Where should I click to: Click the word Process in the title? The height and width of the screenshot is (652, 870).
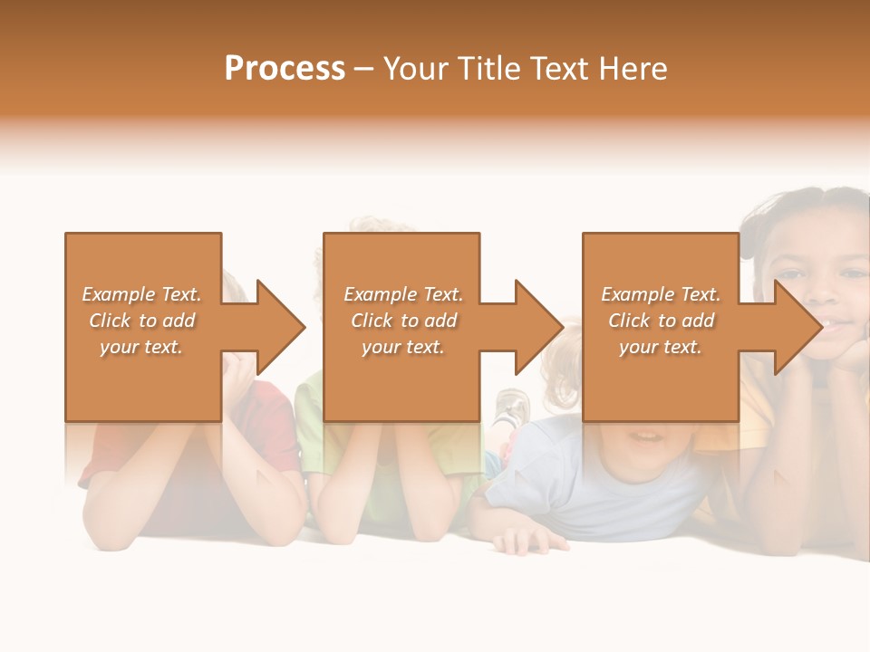click(x=285, y=69)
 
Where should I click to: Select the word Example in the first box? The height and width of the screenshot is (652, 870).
click(x=117, y=294)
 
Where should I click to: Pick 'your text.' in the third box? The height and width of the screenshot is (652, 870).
click(x=660, y=347)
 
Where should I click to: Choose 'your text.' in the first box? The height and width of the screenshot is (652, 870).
click(x=140, y=347)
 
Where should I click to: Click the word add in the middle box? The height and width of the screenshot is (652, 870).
click(x=440, y=321)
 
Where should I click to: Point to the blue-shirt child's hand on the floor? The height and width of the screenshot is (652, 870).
click(x=530, y=541)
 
